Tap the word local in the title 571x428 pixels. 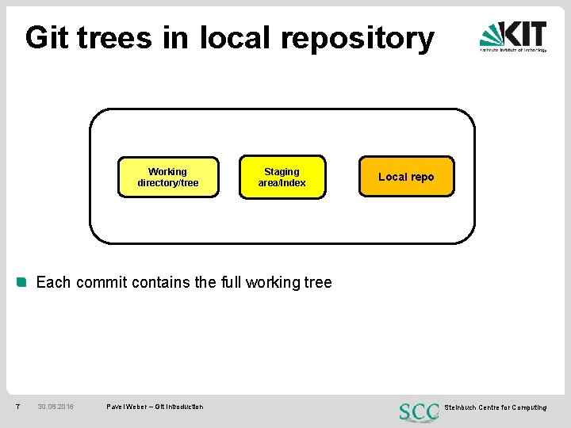point(236,37)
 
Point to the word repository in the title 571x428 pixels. point(358,39)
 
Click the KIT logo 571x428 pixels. point(513,36)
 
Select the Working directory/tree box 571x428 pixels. point(168,177)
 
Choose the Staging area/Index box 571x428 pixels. point(282,177)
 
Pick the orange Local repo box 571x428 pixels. point(406,177)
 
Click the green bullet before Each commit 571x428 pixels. point(22,281)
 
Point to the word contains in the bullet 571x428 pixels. point(158,282)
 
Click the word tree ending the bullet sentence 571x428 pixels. point(317,282)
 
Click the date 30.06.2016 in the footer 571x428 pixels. point(56,407)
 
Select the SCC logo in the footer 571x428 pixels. point(420,411)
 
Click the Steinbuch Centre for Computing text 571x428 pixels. point(495,407)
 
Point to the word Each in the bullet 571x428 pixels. point(53,282)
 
